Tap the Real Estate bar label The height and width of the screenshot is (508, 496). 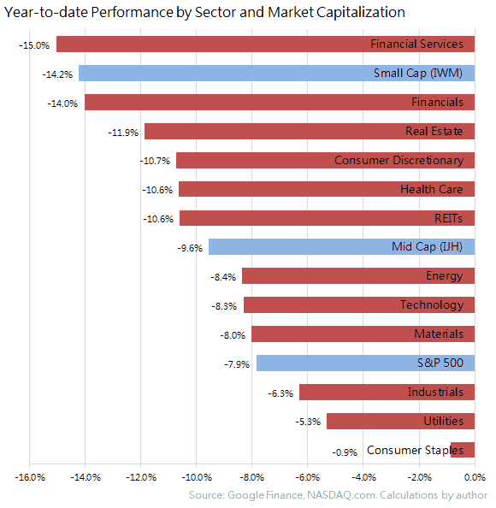434,132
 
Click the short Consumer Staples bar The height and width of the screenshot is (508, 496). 463,450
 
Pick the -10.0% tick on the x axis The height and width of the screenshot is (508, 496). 197,477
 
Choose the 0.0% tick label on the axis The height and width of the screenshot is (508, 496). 475,477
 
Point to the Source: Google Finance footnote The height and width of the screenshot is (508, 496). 338,495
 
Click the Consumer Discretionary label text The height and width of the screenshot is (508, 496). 399,161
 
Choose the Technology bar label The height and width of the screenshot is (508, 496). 431,305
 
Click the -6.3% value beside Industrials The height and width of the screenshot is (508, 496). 281,393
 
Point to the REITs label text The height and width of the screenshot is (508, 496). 447,218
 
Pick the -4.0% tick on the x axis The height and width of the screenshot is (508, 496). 363,477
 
